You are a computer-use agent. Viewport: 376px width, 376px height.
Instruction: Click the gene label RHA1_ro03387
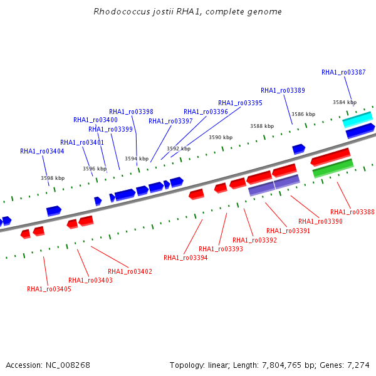pyautogui.click(x=343, y=72)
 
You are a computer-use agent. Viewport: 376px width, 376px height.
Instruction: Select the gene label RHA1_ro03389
pyautogui.click(x=283, y=90)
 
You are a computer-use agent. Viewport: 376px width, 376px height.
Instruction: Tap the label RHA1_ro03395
pyautogui.click(x=240, y=103)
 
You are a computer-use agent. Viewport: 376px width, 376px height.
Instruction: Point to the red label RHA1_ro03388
pyautogui.click(x=352, y=212)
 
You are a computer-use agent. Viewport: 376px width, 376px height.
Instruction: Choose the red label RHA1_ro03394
pyautogui.click(x=185, y=258)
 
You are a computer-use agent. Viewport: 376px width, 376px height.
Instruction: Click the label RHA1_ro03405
pyautogui.click(x=49, y=289)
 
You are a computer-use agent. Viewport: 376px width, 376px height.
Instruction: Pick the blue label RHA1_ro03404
pyautogui.click(x=42, y=151)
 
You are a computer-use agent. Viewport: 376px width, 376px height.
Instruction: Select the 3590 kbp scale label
pyautogui.click(x=221, y=137)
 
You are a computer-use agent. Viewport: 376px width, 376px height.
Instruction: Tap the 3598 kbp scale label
pyautogui.click(x=53, y=178)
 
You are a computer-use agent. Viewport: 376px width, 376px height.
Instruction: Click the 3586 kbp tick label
pyautogui.click(x=303, y=114)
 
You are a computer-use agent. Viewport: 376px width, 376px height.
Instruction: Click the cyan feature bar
pyautogui.click(x=358, y=120)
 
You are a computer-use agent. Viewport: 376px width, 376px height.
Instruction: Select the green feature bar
pyautogui.click(x=333, y=169)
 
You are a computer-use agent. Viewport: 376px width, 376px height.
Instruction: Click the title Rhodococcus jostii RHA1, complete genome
pyautogui.click(x=187, y=11)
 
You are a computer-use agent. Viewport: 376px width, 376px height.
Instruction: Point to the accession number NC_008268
pyautogui.click(x=68, y=365)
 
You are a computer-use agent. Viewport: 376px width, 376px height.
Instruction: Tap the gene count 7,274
pyautogui.click(x=358, y=365)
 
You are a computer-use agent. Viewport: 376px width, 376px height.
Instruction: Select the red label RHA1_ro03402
pyautogui.click(x=130, y=272)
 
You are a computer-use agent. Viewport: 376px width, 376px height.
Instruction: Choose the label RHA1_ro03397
pyautogui.click(x=170, y=122)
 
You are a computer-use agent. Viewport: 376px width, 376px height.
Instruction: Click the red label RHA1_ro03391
pyautogui.click(x=288, y=231)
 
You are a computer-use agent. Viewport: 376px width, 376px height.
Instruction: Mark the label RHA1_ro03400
pyautogui.click(x=95, y=120)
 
